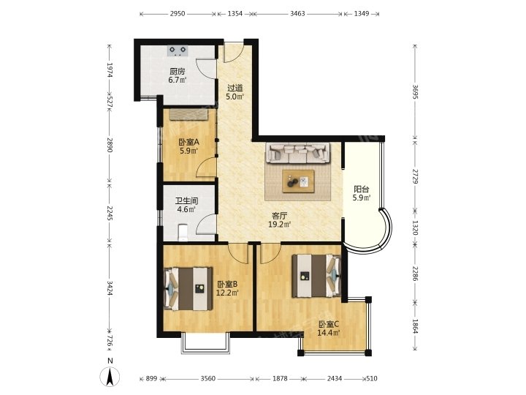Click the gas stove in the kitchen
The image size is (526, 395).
point(178,50)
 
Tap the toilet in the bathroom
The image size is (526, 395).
point(183,233)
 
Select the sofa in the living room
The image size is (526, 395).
point(298,153)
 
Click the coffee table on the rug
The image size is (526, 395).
point(298,181)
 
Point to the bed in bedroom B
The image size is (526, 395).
point(188,288)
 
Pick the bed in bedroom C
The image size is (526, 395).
point(316,276)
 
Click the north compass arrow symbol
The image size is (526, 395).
point(110,377)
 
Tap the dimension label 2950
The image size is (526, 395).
point(178,14)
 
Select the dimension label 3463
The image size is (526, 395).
point(297,14)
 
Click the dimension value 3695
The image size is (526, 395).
point(415,91)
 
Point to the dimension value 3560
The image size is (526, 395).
point(208,379)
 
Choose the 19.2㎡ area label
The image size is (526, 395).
point(279,225)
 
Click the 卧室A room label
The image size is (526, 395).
point(189,142)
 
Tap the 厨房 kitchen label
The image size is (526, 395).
point(178,72)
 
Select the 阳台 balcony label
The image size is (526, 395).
point(362,189)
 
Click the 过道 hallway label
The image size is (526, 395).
point(235,88)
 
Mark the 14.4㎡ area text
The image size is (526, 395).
point(329,333)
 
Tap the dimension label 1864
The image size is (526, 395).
point(415,326)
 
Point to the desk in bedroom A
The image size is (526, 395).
point(189,114)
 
